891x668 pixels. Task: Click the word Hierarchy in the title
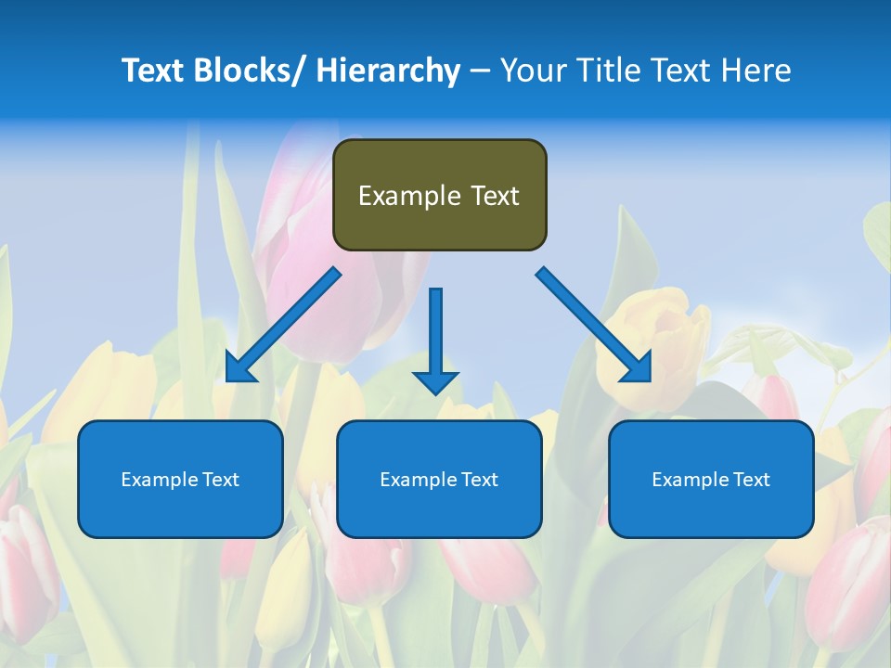pos(388,71)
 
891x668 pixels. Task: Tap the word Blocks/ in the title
pos(248,71)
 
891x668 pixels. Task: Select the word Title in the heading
pos(605,71)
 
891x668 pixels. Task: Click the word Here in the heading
pos(756,71)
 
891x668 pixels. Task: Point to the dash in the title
pos(480,71)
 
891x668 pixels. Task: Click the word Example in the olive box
pos(409,196)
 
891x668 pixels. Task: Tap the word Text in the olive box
pos(495,196)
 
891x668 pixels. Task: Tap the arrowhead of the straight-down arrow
pos(436,381)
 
